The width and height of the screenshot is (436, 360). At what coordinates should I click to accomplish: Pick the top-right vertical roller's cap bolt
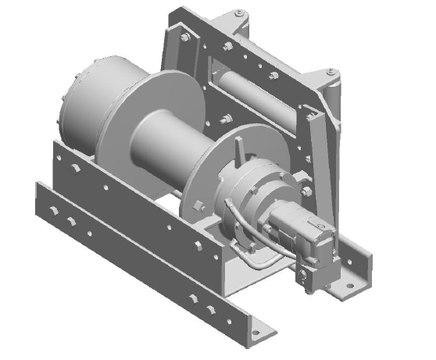point(333,73)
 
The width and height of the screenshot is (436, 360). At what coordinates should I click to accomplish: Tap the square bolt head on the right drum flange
point(200,209)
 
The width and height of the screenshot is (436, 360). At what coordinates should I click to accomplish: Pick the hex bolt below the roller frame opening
point(227,119)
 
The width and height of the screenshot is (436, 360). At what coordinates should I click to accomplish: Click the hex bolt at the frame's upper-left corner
point(181,37)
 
